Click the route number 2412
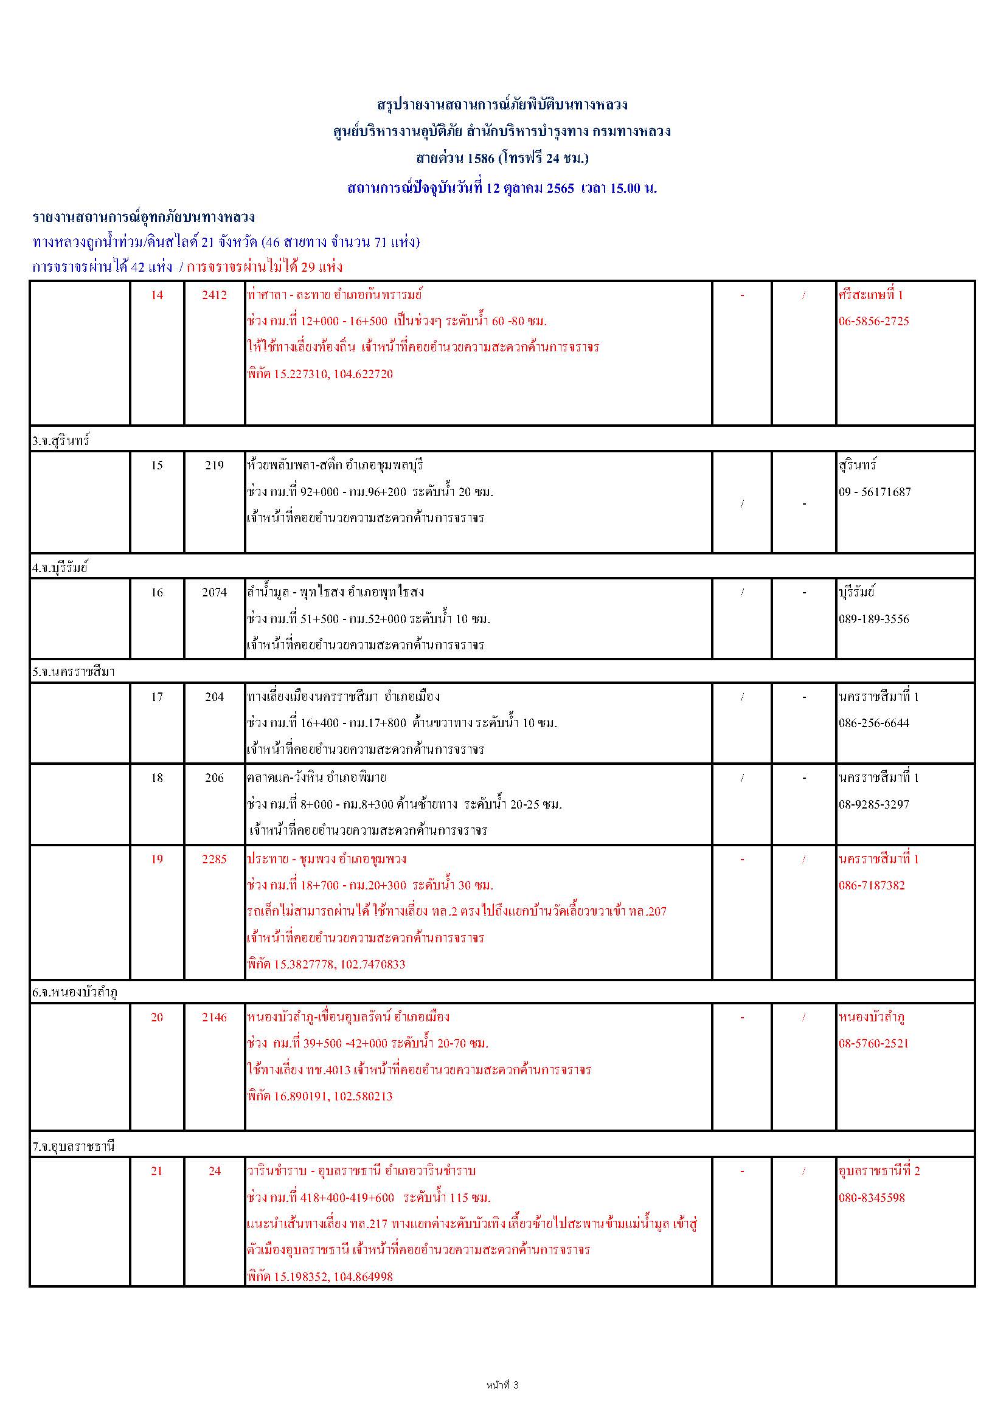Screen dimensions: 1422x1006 tap(214, 295)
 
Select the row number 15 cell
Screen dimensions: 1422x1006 tap(157, 465)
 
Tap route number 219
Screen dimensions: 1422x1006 tap(214, 465)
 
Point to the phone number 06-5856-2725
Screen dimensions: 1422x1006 tap(873, 322)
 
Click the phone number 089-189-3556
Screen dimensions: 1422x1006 tap(873, 619)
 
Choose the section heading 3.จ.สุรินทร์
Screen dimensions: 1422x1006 tap(61, 441)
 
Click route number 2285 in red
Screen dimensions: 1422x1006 tap(214, 859)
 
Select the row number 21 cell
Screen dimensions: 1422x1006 tap(157, 1171)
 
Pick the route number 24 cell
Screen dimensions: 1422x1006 tap(214, 1171)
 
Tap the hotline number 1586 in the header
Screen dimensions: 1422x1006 tap(480, 159)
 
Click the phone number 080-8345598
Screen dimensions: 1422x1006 tap(872, 1198)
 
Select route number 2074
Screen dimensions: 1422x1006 tap(214, 593)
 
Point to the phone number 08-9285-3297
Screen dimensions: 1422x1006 tap(873, 804)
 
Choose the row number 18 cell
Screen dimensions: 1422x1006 tap(157, 778)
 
